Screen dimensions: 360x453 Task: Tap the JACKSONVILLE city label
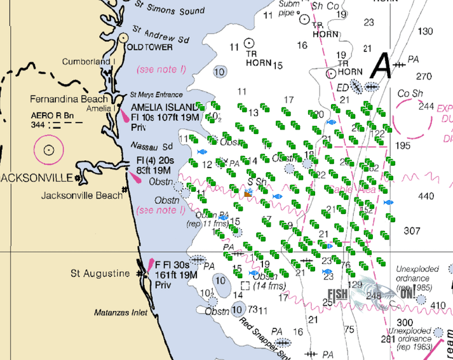tap(37, 176)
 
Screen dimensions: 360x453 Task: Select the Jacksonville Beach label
tap(81, 196)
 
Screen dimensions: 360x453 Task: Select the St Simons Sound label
tap(170, 9)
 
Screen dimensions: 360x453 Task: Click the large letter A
tap(382, 63)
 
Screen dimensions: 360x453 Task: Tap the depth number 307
tap(412, 230)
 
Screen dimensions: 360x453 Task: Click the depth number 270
tap(423, 76)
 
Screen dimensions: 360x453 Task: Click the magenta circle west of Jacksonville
tap(49, 151)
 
